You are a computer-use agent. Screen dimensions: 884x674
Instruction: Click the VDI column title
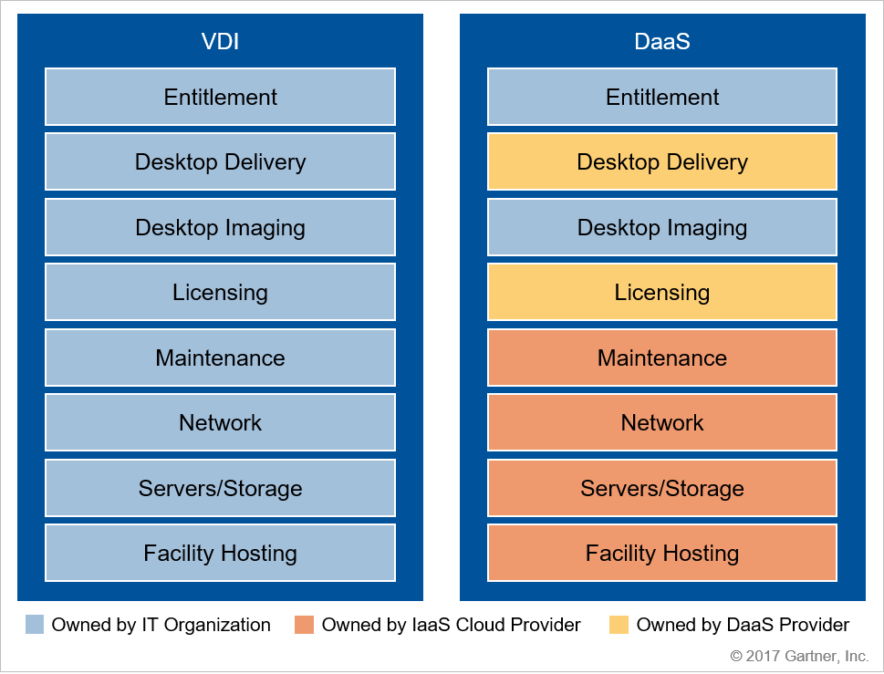(220, 41)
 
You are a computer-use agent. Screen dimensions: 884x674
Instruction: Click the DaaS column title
(662, 41)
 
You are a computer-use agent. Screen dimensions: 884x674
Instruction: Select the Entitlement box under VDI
(221, 97)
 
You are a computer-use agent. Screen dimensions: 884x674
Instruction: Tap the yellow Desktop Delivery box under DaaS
(662, 161)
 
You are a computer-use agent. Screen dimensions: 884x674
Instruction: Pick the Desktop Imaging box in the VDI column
(221, 227)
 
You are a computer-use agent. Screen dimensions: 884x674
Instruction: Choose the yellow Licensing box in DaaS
(662, 292)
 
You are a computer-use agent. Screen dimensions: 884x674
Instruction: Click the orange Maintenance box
(662, 358)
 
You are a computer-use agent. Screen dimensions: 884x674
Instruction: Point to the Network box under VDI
(221, 422)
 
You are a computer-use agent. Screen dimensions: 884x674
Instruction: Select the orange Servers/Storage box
(662, 487)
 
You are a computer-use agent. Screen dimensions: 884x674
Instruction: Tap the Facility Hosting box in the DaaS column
(662, 553)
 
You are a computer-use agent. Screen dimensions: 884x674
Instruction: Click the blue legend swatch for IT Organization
(35, 625)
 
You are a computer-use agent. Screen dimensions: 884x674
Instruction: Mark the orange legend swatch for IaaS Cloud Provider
(304, 625)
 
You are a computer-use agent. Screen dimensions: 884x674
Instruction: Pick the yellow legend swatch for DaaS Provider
(619, 625)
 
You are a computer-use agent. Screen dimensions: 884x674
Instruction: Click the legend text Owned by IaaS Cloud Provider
(451, 625)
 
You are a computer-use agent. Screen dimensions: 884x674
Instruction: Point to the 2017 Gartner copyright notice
(799, 656)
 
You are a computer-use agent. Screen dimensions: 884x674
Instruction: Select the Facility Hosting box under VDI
(221, 553)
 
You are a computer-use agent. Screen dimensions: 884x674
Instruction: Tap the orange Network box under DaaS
(662, 422)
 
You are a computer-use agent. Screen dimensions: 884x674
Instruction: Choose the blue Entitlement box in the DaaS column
(662, 97)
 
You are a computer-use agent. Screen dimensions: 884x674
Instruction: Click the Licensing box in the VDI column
(221, 292)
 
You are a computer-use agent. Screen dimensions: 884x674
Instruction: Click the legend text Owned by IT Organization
(161, 625)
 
